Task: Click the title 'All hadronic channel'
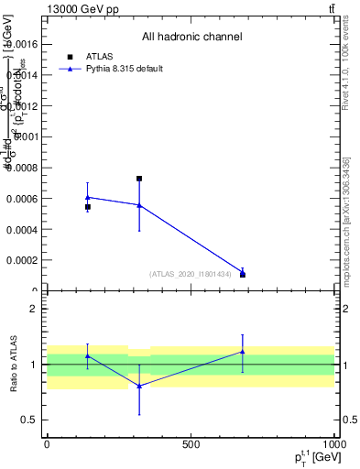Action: tap(191, 38)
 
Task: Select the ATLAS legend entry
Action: tap(83, 56)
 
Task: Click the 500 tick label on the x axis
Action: tap(191, 444)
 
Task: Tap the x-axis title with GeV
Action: tap(308, 456)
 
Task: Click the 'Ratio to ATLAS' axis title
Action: tap(13, 364)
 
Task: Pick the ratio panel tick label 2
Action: tap(33, 309)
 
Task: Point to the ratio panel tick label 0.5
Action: tap(30, 420)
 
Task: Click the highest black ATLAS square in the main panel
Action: tap(139, 179)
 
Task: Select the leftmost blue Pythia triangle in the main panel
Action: tap(88, 197)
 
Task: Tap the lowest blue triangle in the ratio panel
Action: tap(139, 386)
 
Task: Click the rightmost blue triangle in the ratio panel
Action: tap(243, 351)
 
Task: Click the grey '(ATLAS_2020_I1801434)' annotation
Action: tap(190, 273)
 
